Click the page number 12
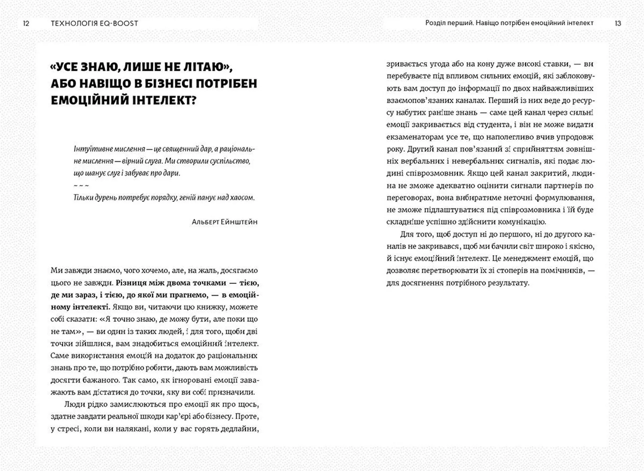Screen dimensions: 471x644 click(x=26, y=23)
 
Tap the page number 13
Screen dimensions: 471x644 click(x=618, y=23)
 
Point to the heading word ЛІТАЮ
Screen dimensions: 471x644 click(x=205, y=67)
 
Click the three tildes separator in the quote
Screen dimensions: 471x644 click(x=81, y=186)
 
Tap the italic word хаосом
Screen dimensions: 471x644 click(x=243, y=198)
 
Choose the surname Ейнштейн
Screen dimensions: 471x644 click(x=239, y=222)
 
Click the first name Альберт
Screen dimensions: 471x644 click(x=205, y=222)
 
